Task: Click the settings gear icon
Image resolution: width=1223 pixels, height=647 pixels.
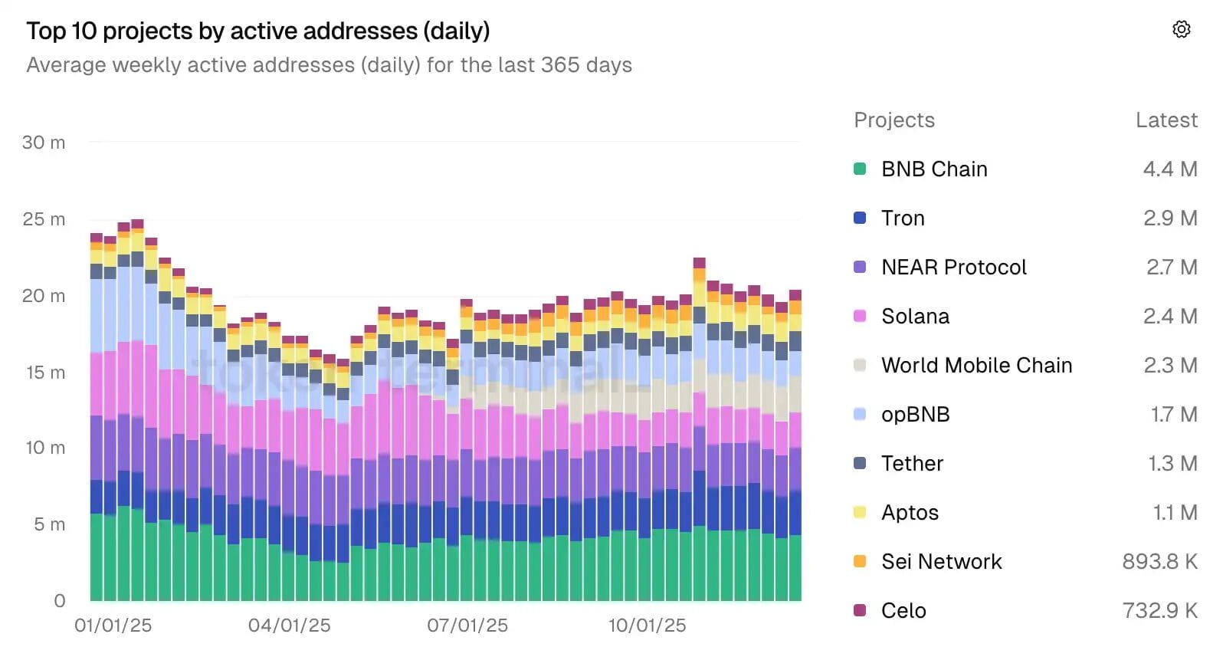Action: pos(1181,29)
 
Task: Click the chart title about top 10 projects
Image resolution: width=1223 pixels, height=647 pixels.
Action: pos(257,31)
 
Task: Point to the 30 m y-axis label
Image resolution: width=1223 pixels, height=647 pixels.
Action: pos(44,143)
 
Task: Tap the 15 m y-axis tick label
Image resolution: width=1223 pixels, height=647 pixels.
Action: pos(45,373)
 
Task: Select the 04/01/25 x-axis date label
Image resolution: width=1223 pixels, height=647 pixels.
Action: pos(289,626)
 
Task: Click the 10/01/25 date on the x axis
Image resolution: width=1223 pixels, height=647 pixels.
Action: pos(647,626)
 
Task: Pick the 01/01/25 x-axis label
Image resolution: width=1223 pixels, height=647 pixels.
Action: pos(113,626)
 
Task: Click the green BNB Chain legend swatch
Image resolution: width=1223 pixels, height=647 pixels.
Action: pos(860,169)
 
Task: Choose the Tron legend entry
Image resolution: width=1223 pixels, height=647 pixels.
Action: pos(903,218)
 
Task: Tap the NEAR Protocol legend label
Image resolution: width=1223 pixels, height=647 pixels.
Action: pos(953,268)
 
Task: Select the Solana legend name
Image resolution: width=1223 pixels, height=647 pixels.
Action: pos(915,317)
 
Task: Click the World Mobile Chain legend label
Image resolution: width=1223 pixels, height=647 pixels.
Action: pos(976,366)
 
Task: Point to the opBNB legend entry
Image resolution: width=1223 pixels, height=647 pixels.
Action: pos(915,415)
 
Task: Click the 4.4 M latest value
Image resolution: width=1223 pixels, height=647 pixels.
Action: pos(1169,169)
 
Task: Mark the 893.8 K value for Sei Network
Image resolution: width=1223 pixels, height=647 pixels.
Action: pos(1159,562)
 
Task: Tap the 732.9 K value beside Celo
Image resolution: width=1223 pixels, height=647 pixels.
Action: pos(1159,611)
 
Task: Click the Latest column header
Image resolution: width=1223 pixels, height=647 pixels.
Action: pos(1166,120)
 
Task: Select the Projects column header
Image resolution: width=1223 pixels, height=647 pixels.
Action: pos(894,120)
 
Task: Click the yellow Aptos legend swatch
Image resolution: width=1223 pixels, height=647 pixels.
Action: pos(860,513)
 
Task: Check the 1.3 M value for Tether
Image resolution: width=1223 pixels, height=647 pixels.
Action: pos(1172,464)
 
